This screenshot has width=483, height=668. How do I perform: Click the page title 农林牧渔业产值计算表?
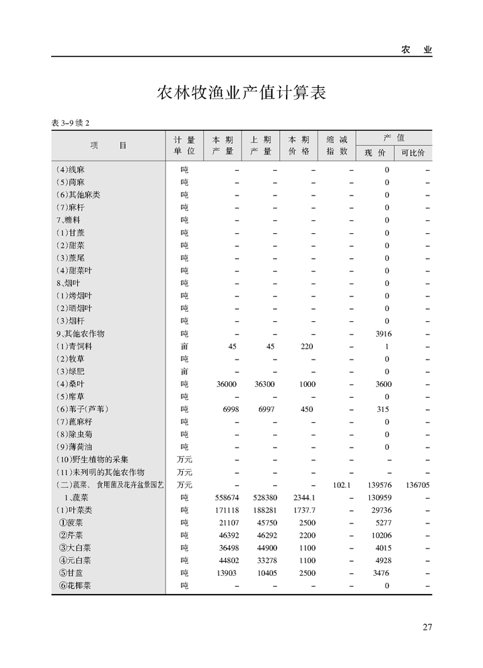(x=241, y=93)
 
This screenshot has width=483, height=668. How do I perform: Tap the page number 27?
(x=427, y=628)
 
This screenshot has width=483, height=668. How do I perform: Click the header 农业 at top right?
(x=416, y=50)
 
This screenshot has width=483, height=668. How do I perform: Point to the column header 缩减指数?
(x=337, y=146)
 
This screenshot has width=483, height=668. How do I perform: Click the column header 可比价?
(x=412, y=153)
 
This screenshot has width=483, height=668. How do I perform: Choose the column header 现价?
(x=375, y=153)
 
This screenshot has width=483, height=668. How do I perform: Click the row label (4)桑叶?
(x=71, y=384)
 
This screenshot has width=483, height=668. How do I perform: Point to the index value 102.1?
(x=342, y=485)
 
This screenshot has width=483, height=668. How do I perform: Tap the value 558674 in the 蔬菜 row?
(x=226, y=497)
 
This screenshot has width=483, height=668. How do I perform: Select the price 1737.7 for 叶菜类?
(x=305, y=510)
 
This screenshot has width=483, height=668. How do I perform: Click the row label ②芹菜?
(x=71, y=535)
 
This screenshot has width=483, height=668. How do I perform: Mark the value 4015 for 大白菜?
(x=383, y=548)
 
